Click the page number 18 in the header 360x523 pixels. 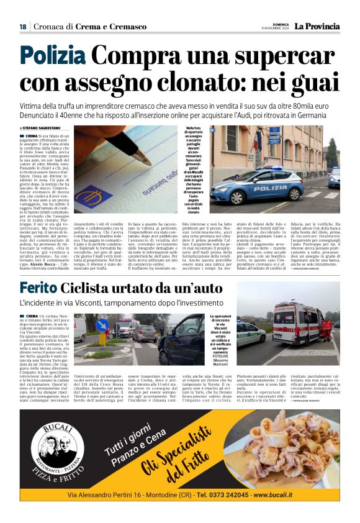point(22,27)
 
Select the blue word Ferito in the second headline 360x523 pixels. point(39,288)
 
